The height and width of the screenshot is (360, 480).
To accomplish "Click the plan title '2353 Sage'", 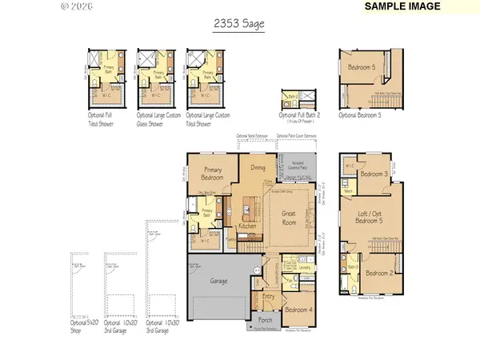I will [240, 26].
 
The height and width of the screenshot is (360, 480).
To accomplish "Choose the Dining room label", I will [258, 167].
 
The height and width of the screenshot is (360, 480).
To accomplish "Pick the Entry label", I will [267, 296].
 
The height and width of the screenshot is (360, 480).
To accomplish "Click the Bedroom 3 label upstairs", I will [374, 174].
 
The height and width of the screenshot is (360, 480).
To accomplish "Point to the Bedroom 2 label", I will [379, 273].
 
